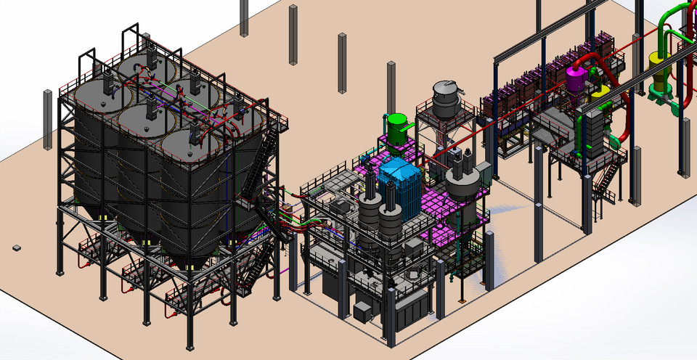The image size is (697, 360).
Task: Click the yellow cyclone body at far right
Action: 661,75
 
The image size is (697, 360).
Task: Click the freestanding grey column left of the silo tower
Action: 48,118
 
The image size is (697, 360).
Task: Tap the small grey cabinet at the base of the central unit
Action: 362,311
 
